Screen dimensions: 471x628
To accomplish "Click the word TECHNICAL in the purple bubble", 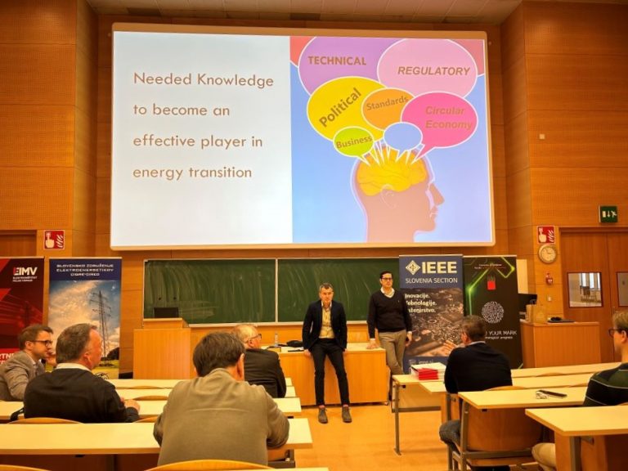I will pos(336,60).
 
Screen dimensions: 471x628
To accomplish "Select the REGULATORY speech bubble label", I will pos(433,71).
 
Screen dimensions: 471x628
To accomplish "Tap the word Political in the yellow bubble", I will pos(339,107).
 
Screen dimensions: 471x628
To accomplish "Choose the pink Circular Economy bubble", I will pos(444,118).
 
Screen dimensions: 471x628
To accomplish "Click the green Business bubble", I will pos(353,141).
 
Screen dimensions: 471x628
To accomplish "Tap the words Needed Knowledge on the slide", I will pos(203,79).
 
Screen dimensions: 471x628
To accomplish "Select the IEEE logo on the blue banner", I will pos(430,267).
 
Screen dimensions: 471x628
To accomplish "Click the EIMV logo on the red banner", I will pos(24,271).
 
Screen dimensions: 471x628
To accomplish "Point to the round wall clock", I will pos(547,254).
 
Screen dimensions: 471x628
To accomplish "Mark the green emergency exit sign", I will pos(608,214).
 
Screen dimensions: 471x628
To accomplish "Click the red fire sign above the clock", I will pos(545,234).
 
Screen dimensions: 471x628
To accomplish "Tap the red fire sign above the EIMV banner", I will pos(53,240).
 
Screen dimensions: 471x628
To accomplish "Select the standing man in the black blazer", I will pos(325,343).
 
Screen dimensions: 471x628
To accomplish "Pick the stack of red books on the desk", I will pos(428,371).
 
